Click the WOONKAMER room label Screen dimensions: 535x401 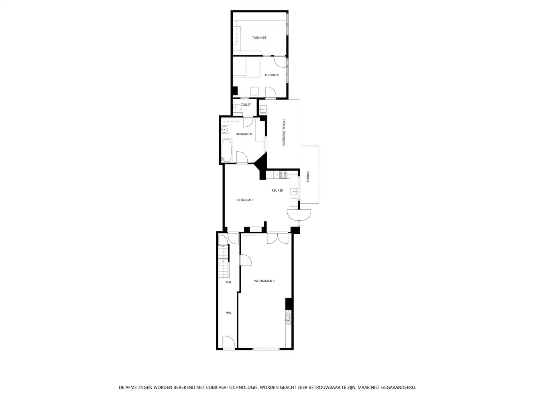click(264, 281)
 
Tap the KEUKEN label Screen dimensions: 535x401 click(277, 190)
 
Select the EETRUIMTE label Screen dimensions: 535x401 click(245, 200)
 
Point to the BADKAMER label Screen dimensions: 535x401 click(244, 134)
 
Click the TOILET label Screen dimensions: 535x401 click(246, 105)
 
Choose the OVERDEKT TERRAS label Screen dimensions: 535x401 click(284, 132)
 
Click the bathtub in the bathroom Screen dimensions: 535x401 click(226, 150)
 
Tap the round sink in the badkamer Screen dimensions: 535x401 click(224, 130)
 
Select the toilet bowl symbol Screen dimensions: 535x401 click(237, 107)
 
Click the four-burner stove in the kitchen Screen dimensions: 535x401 click(283, 174)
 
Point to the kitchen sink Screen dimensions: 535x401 click(294, 192)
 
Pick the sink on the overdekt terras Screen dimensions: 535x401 click(263, 109)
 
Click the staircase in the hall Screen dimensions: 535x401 click(224, 261)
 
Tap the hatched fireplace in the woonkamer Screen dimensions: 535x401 click(289, 318)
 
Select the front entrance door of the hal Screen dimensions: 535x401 click(229, 342)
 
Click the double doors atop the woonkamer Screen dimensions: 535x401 click(278, 238)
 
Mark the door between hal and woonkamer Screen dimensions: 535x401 click(246, 260)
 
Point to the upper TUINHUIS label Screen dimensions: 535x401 click(259, 38)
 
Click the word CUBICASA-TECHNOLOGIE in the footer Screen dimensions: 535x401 click(232, 387)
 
